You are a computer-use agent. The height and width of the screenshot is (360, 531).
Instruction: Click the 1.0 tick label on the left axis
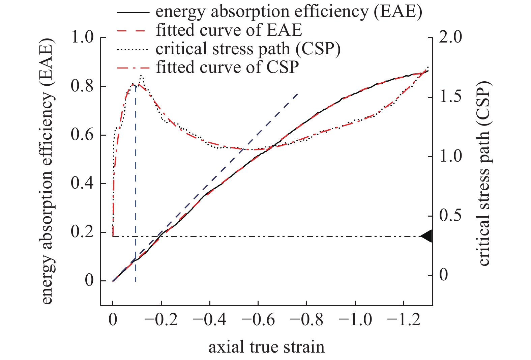(83, 37)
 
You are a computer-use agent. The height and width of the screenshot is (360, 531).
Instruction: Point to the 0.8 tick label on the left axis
(83, 86)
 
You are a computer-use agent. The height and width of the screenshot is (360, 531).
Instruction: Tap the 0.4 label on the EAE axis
(83, 184)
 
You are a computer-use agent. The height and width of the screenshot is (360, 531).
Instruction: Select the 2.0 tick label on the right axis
(450, 37)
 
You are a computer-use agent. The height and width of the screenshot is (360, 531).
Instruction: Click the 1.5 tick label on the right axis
(450, 97)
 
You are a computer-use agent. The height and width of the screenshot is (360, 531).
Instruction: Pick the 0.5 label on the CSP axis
(450, 216)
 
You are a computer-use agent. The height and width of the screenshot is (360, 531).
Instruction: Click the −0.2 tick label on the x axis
(161, 320)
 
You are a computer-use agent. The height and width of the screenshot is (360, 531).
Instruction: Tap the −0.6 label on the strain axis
(258, 320)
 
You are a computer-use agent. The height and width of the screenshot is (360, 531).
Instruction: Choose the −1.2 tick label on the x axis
(404, 320)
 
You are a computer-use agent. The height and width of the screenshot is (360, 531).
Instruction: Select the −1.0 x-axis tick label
(355, 320)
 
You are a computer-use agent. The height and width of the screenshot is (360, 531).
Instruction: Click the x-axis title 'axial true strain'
(266, 347)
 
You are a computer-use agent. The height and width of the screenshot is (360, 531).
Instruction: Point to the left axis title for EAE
(48, 171)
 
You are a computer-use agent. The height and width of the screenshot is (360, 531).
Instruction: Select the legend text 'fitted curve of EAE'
(229, 30)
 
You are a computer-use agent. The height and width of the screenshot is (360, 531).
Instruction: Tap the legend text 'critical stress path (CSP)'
(248, 49)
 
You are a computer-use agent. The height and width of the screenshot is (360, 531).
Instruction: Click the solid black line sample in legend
(133, 12)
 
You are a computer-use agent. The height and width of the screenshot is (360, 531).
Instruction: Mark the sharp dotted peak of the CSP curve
(141, 76)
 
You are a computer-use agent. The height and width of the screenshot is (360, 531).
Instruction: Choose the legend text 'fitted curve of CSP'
(227, 67)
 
